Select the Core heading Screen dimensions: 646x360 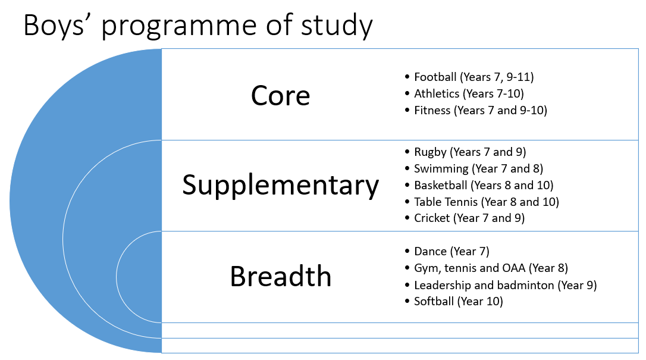(280, 96)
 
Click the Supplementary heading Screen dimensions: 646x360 (280, 186)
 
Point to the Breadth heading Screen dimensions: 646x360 (280, 276)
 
